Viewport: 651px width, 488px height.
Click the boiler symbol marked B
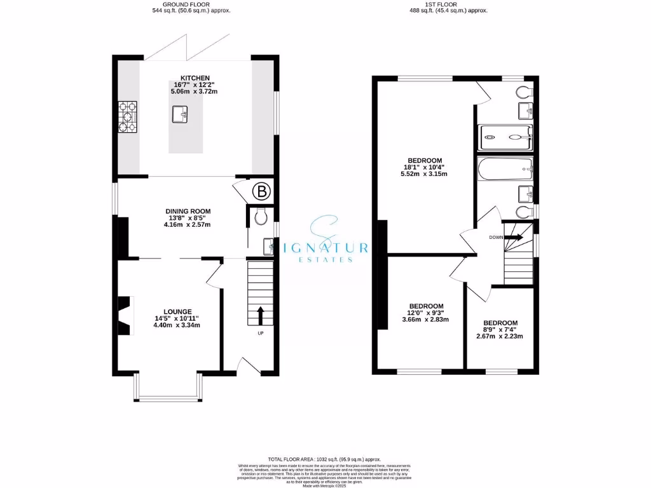[261, 190]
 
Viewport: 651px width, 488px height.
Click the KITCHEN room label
[195, 78]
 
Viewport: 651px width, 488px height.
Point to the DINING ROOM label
[188, 211]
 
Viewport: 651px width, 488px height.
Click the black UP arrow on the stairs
[260, 315]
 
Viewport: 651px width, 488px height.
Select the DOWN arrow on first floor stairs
[514, 237]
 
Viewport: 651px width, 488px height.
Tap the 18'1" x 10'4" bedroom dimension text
[425, 167]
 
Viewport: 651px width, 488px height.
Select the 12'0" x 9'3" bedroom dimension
[425, 313]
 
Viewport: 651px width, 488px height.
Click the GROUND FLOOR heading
[191, 4]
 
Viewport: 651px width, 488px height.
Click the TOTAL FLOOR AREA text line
[324, 459]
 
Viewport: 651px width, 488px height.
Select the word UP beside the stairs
[261, 333]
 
